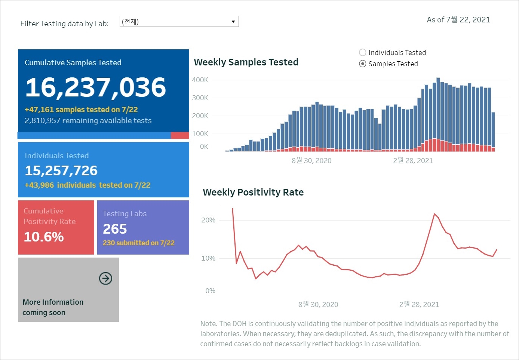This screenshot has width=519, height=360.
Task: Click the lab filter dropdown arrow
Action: [233, 22]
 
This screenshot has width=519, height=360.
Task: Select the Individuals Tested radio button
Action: [362, 53]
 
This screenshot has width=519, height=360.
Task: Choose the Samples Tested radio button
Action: [362, 64]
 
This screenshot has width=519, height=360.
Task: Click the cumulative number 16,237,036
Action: [95, 87]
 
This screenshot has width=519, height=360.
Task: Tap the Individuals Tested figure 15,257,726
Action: [61, 170]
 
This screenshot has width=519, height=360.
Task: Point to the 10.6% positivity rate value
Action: [44, 237]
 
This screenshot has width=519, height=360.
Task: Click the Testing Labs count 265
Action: [115, 229]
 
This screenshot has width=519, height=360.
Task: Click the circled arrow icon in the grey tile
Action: [105, 279]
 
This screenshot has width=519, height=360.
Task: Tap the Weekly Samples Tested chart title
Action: [246, 62]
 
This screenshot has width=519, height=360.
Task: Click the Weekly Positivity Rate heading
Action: [253, 192]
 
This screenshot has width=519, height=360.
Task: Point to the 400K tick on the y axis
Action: [200, 80]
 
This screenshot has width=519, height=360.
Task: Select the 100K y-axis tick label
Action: [200, 134]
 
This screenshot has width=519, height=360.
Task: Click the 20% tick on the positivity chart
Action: [208, 220]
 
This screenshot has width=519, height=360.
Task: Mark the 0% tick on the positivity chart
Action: [210, 291]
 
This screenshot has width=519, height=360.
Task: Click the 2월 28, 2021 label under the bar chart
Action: [413, 161]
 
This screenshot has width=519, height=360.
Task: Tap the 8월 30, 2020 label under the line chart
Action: [318, 305]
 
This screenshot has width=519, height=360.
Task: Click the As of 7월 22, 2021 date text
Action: [458, 20]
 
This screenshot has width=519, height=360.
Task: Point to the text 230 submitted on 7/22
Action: [139, 243]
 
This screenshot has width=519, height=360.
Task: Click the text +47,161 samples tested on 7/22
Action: [81, 110]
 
